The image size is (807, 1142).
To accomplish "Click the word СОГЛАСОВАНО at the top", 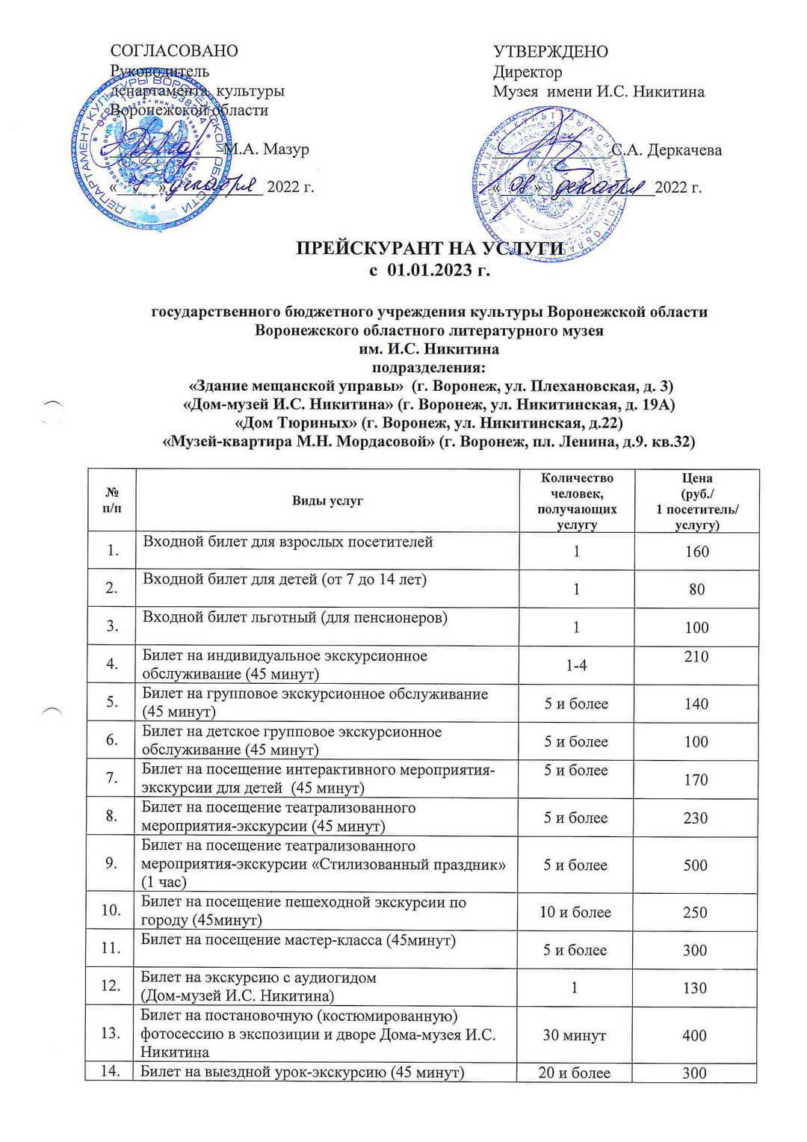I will point(174,51).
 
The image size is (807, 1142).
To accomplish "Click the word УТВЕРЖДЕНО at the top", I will point(551,52).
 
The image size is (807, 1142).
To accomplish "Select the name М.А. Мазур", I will point(267,149).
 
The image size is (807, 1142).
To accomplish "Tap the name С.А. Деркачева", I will point(667,150).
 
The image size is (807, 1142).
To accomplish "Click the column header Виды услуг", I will point(327,501).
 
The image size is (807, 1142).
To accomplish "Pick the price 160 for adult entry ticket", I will point(696,552).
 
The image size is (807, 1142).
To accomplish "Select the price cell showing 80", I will point(696,590).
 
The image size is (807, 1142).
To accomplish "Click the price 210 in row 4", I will point(696,657).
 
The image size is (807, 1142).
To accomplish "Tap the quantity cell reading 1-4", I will point(576,665).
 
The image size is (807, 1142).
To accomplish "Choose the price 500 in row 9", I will point(696,865).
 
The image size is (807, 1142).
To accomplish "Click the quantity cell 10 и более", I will point(575,913).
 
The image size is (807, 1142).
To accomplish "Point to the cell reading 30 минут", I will point(575,1035).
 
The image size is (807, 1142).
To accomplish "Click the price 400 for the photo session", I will point(695,1035).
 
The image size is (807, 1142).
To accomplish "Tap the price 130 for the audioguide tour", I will point(695,988).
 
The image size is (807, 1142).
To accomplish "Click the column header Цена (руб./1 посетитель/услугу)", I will point(696,501).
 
